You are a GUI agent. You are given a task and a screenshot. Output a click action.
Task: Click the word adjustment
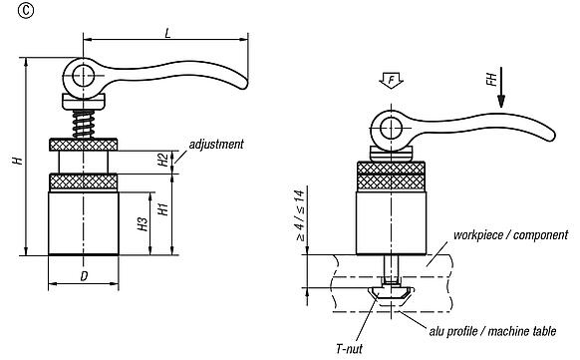coord(215,145)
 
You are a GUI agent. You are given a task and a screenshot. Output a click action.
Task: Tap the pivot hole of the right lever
coord(388,127)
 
